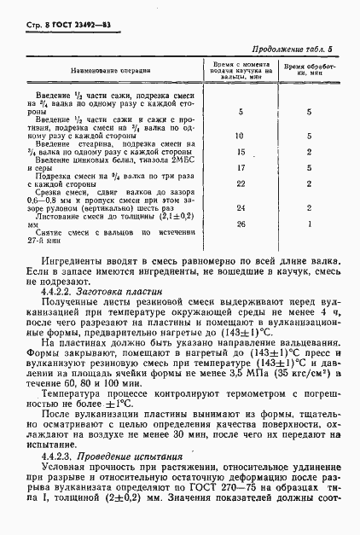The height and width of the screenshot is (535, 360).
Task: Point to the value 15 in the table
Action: [240, 151]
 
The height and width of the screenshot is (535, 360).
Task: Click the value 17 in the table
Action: [240, 168]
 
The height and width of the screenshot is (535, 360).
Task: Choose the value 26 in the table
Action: [240, 224]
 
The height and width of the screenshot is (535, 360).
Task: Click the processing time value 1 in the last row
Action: [309, 224]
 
